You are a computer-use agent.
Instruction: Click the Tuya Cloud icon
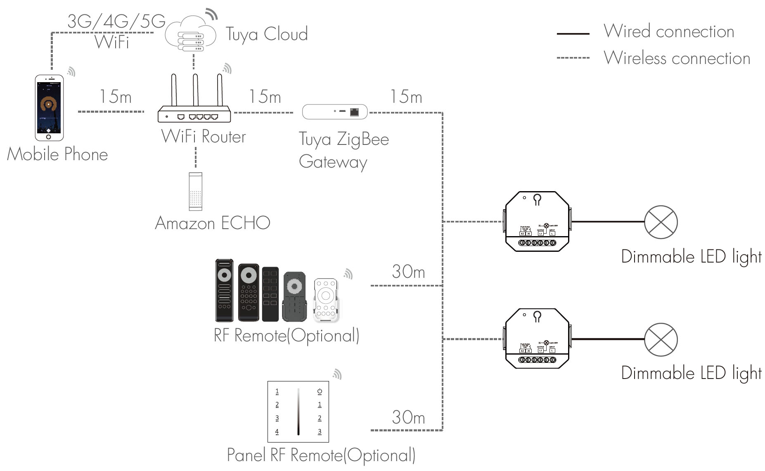[x=191, y=34]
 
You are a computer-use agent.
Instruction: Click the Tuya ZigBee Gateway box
[x=334, y=111]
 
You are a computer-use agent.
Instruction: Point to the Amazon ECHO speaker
[x=195, y=191]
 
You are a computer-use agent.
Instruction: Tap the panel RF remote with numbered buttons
[x=298, y=412]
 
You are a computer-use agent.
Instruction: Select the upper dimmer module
[x=537, y=221]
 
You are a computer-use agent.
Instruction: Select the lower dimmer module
[x=537, y=338]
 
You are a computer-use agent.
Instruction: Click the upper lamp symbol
[x=661, y=222]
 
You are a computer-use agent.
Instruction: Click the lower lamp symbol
[x=661, y=339]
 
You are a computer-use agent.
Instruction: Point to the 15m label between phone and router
[x=115, y=97]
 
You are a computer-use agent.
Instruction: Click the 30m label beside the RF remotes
[x=408, y=272]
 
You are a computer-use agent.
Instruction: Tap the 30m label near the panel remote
[x=408, y=417]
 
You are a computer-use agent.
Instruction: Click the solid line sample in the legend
[x=573, y=33]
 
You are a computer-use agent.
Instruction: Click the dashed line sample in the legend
[x=573, y=58]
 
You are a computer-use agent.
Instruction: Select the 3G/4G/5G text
[x=116, y=21]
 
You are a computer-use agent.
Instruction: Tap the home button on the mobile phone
[x=49, y=137]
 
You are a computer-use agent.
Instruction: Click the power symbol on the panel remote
[x=320, y=391]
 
